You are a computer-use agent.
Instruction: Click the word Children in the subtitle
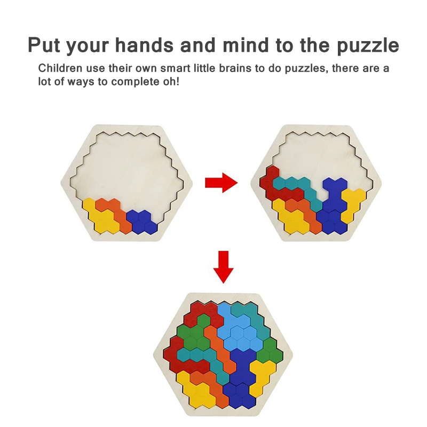tap(60, 69)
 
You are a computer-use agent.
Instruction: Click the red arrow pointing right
tap(221, 183)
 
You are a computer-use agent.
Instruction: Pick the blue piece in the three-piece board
tap(142, 221)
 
